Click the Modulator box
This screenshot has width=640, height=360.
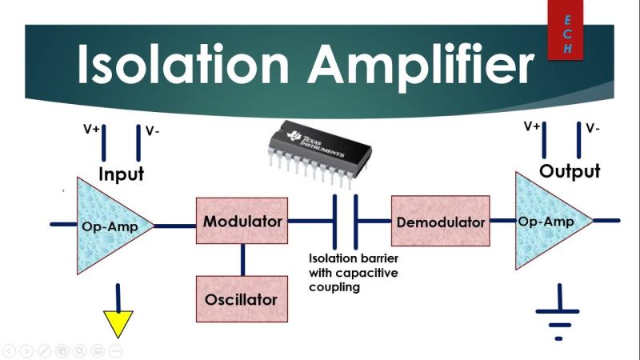[242, 221]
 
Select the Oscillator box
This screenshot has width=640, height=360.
[242, 299]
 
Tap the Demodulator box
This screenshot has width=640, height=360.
[440, 221]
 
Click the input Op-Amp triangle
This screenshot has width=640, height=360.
[108, 226]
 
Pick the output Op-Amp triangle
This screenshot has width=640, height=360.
[548, 221]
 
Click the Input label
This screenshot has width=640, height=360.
[121, 174]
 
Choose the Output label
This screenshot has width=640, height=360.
[570, 171]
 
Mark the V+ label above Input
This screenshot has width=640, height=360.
[91, 128]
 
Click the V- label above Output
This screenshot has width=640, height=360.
[593, 128]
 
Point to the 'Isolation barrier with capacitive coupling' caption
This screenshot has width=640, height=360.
[354, 272]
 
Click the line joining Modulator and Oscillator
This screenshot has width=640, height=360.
[242, 259]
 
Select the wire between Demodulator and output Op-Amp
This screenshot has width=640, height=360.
[502, 221]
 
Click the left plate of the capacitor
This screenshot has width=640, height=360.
[334, 221]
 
